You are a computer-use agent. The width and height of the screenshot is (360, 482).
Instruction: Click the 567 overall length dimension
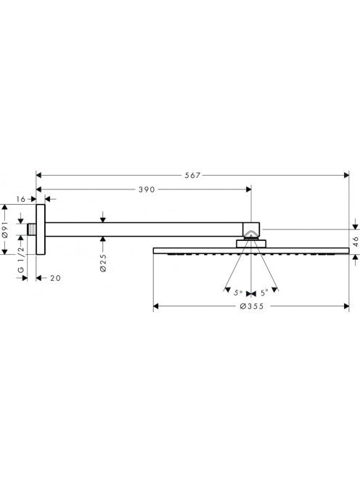tap(192, 175)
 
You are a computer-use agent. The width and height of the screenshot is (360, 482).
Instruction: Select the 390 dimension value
tap(147, 189)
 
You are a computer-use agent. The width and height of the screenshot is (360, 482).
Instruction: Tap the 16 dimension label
tap(20, 199)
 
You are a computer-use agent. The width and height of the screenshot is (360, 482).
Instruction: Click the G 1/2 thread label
tap(21, 259)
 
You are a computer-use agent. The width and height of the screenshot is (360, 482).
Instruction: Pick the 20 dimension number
tap(55, 278)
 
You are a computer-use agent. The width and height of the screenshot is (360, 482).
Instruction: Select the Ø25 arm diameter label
tap(103, 263)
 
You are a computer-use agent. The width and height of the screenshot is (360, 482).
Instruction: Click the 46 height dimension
tap(356, 242)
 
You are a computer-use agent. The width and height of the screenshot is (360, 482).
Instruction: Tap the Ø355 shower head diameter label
tap(251, 306)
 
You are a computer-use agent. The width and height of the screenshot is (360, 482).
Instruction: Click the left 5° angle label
tap(238, 293)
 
